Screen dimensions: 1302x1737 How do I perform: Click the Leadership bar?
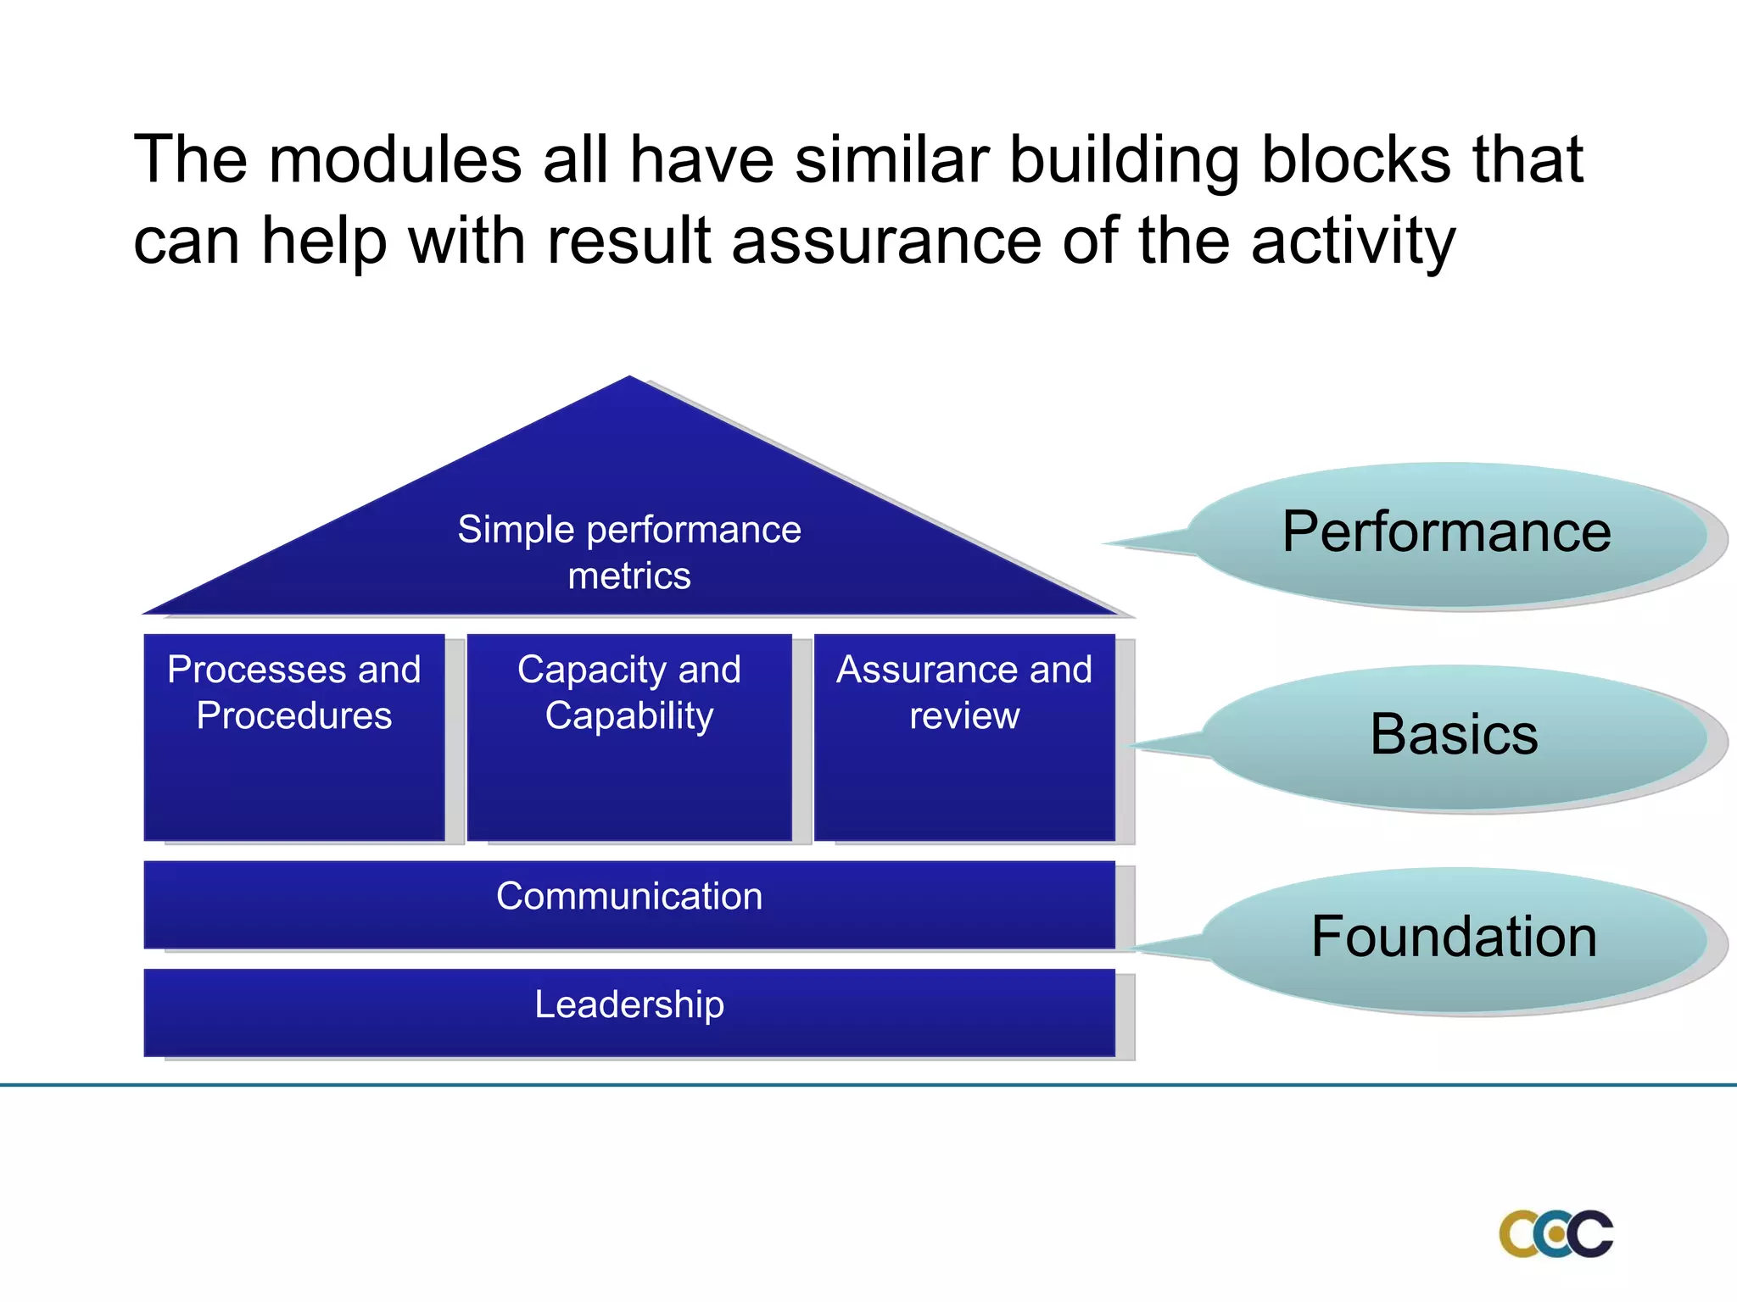(628, 1012)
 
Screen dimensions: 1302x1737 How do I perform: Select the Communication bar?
(628, 904)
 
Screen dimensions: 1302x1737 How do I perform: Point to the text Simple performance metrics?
(628, 552)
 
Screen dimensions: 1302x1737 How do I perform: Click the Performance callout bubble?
(1446, 533)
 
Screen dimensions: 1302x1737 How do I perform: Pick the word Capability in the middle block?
(628, 715)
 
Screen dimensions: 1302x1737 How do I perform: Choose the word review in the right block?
(963, 715)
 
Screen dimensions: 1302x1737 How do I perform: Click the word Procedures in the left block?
(293, 715)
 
